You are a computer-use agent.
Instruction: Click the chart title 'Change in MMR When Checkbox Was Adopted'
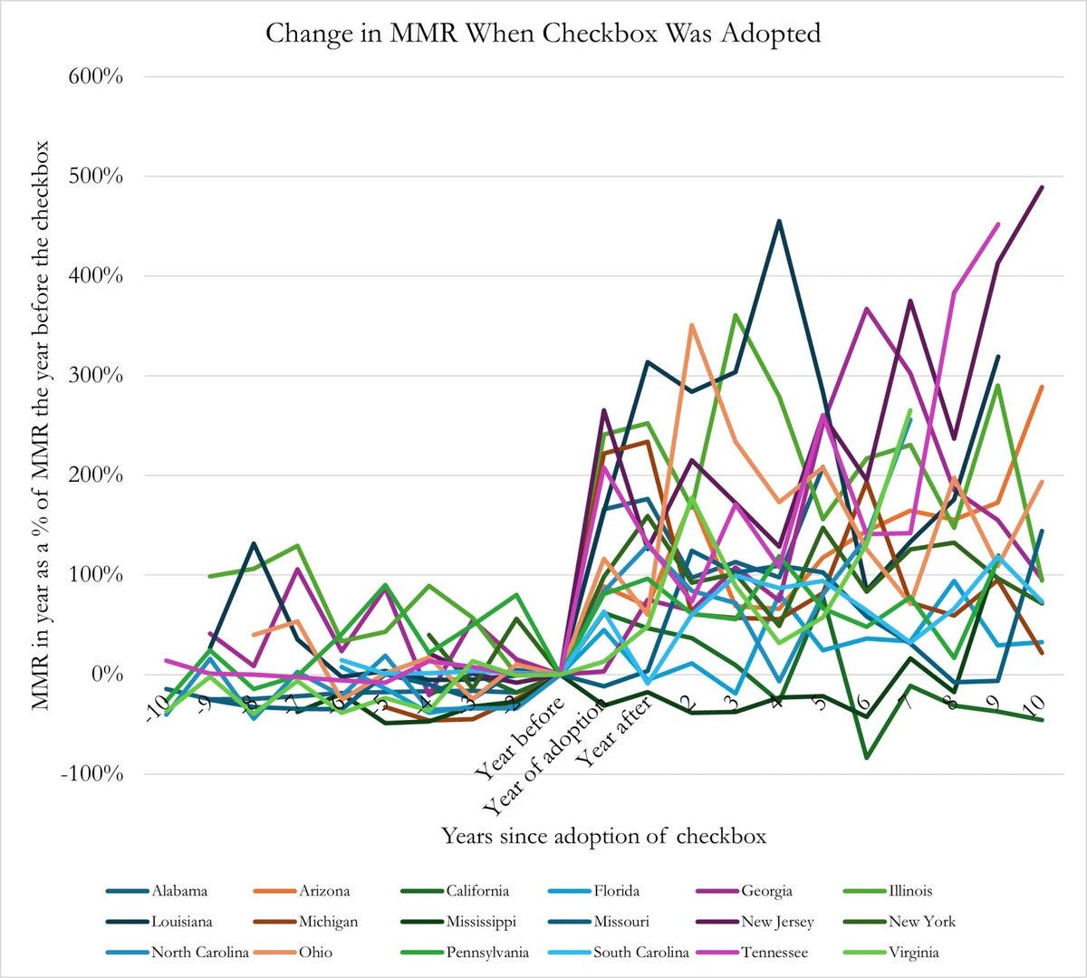click(x=543, y=34)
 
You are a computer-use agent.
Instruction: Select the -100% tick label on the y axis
click(x=92, y=774)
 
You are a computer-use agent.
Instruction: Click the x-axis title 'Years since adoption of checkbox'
click(x=603, y=835)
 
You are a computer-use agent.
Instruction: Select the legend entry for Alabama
click(x=179, y=891)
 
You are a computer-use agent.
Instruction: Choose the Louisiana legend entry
click(x=182, y=922)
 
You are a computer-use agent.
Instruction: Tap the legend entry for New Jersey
click(x=776, y=922)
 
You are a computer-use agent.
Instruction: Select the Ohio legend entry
click(x=314, y=953)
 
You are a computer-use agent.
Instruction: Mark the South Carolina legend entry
click(x=640, y=953)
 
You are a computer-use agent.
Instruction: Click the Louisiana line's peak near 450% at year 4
click(x=779, y=220)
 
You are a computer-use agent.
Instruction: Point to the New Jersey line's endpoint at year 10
click(x=1042, y=187)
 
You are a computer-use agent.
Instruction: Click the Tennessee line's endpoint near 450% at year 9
click(x=998, y=224)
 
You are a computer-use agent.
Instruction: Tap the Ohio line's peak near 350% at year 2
click(x=692, y=324)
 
